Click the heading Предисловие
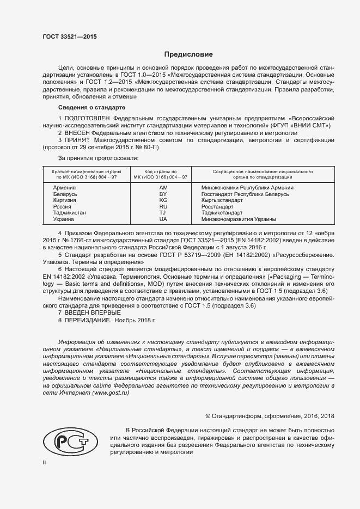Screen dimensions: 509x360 tap(188, 54)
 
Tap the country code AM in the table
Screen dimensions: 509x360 tap(162, 187)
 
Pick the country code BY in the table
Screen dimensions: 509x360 tap(162, 194)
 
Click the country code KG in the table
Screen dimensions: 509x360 tap(162, 200)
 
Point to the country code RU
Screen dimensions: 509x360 tap(162, 207)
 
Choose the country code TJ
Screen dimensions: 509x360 tap(162, 213)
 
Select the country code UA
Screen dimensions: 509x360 tap(162, 219)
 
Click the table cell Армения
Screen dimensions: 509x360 tap(64, 187)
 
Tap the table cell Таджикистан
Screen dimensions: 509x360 tap(69, 213)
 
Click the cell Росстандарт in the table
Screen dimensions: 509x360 tap(218, 207)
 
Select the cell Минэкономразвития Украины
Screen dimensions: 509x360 tap(239, 219)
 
